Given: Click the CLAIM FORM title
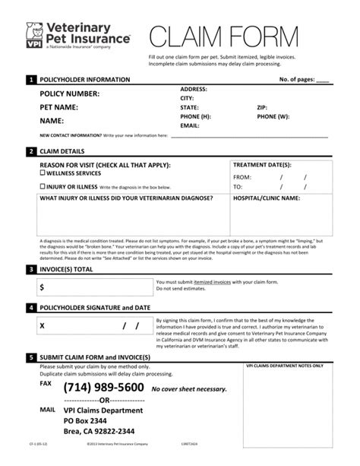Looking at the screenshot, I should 237,36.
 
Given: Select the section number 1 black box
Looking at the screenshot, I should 30,79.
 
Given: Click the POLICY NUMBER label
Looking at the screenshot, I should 70,94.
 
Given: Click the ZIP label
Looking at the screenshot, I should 262,107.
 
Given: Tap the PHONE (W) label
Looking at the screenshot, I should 273,116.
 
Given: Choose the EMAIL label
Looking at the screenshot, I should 189,125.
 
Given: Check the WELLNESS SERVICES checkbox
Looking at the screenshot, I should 43,174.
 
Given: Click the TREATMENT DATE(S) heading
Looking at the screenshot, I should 261,165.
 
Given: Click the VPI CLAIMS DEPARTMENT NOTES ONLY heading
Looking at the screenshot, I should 285,366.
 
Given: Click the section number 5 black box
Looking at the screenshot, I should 30,356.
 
